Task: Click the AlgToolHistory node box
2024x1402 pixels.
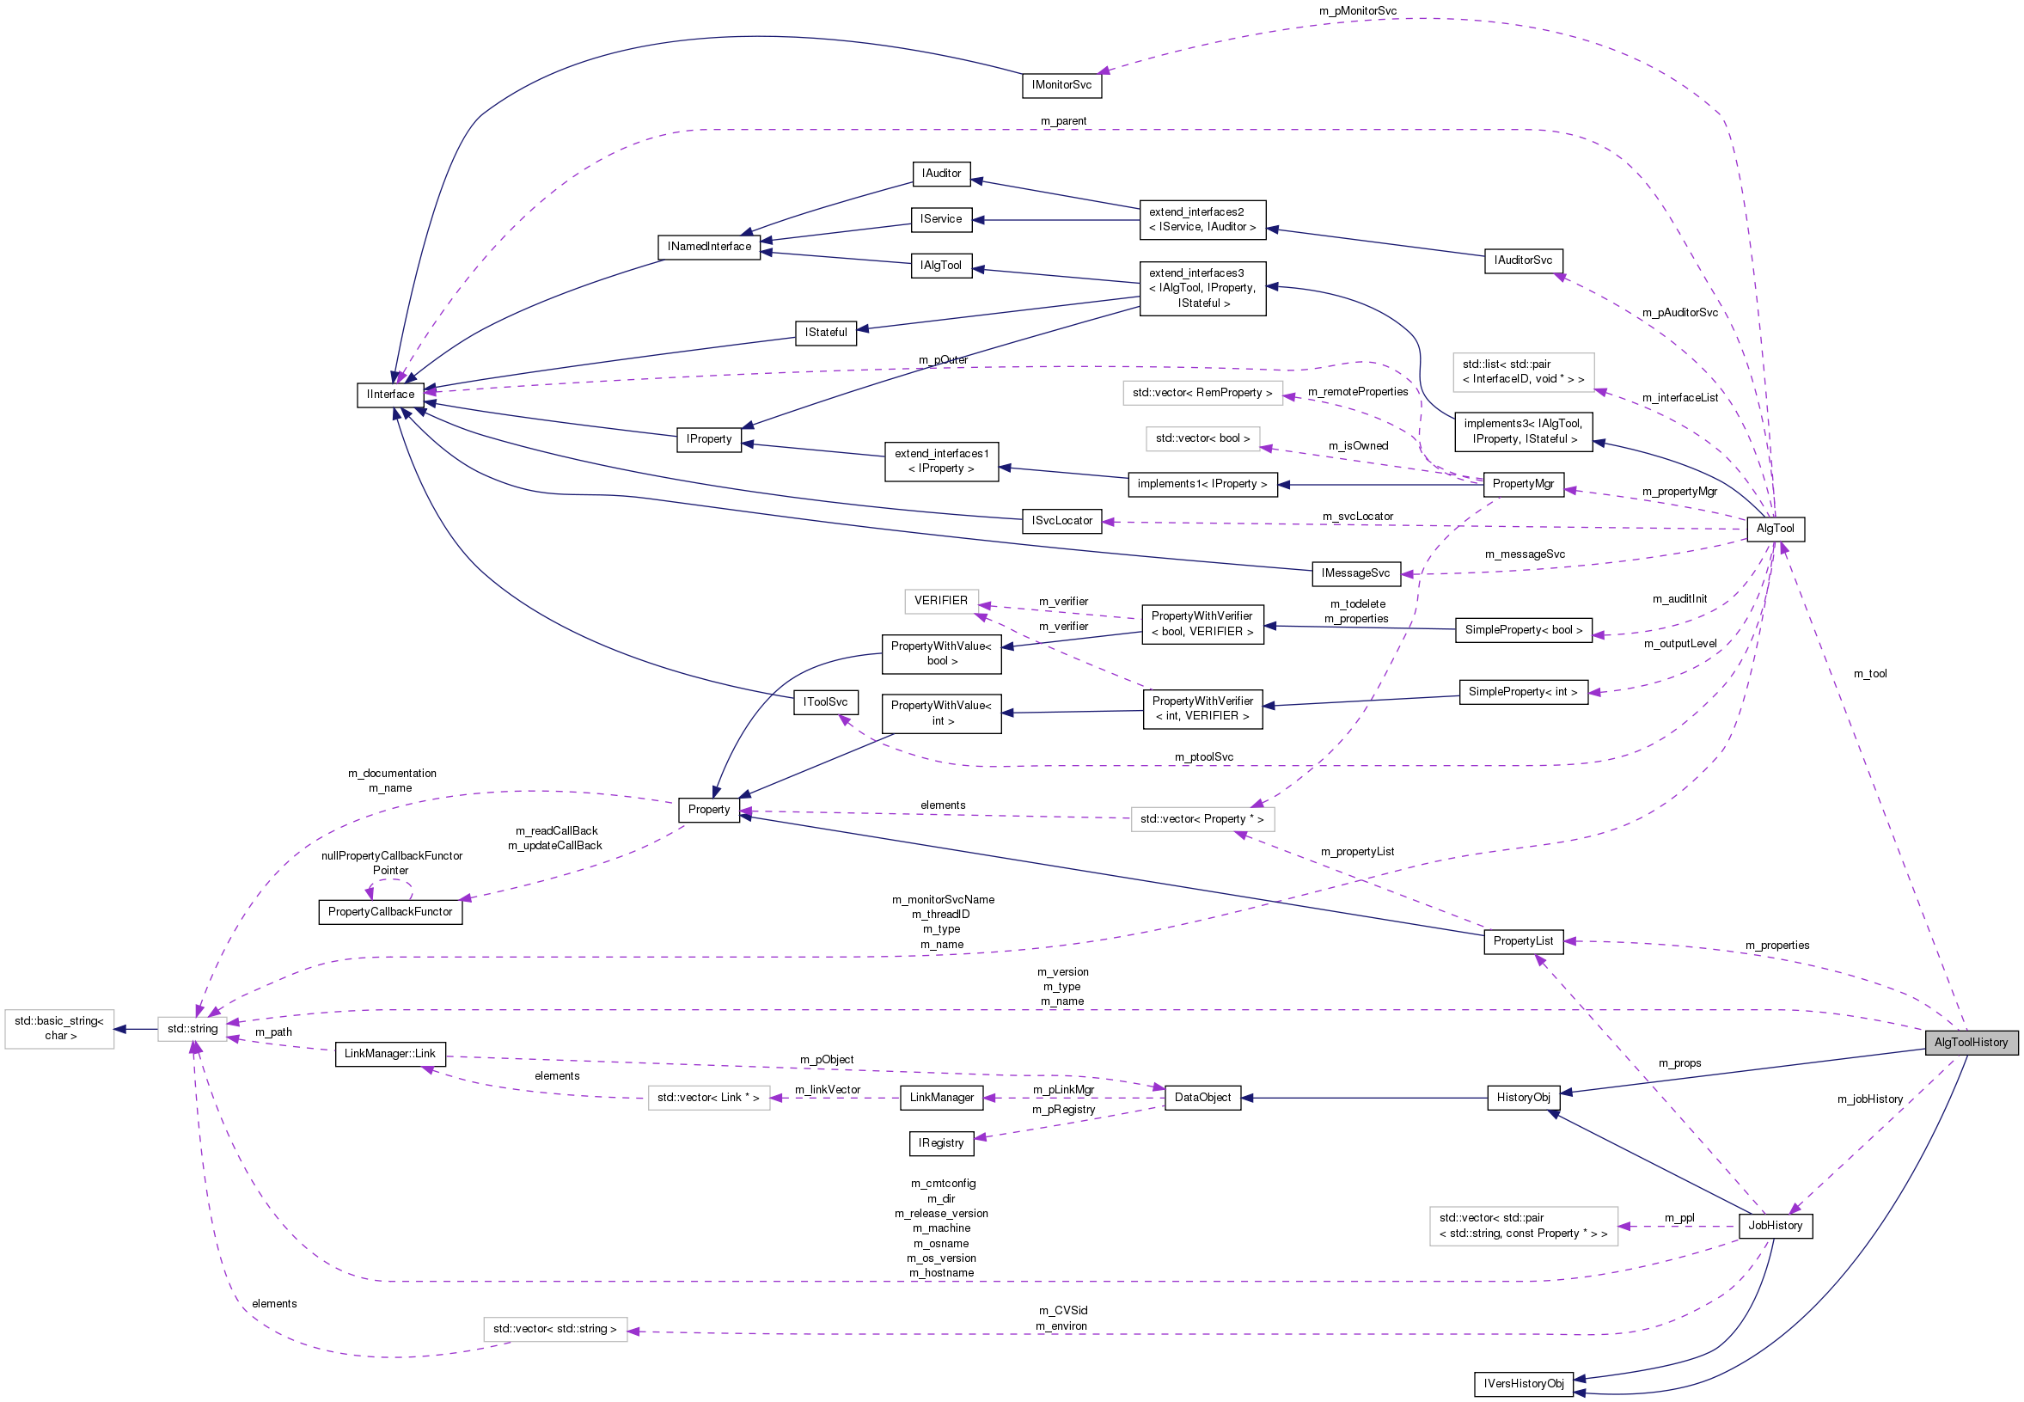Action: click(1971, 1043)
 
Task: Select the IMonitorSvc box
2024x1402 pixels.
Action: click(1061, 85)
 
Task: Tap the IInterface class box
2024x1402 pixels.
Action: click(391, 395)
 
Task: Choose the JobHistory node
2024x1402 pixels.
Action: click(1775, 1226)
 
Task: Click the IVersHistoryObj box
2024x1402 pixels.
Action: click(1524, 1385)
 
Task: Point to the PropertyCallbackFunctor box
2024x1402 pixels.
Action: click(390, 912)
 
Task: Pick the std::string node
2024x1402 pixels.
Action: click(193, 1029)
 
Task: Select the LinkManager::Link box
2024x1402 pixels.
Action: click(390, 1054)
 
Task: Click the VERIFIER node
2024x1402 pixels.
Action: click(940, 601)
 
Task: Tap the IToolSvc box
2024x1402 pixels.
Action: click(825, 703)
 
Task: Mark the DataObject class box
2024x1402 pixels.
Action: click(1202, 1098)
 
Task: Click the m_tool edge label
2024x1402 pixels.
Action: click(1869, 674)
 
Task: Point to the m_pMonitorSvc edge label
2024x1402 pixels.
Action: click(1358, 10)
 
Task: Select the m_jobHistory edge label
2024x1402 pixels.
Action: click(1869, 1099)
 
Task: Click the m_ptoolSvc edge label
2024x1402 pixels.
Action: click(1204, 757)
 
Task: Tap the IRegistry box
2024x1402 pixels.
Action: click(940, 1144)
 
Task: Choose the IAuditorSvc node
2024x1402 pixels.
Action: click(1523, 261)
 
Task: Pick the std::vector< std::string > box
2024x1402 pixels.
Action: click(555, 1329)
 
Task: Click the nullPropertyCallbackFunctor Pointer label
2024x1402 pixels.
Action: click(392, 863)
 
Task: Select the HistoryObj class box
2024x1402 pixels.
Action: click(1523, 1098)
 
